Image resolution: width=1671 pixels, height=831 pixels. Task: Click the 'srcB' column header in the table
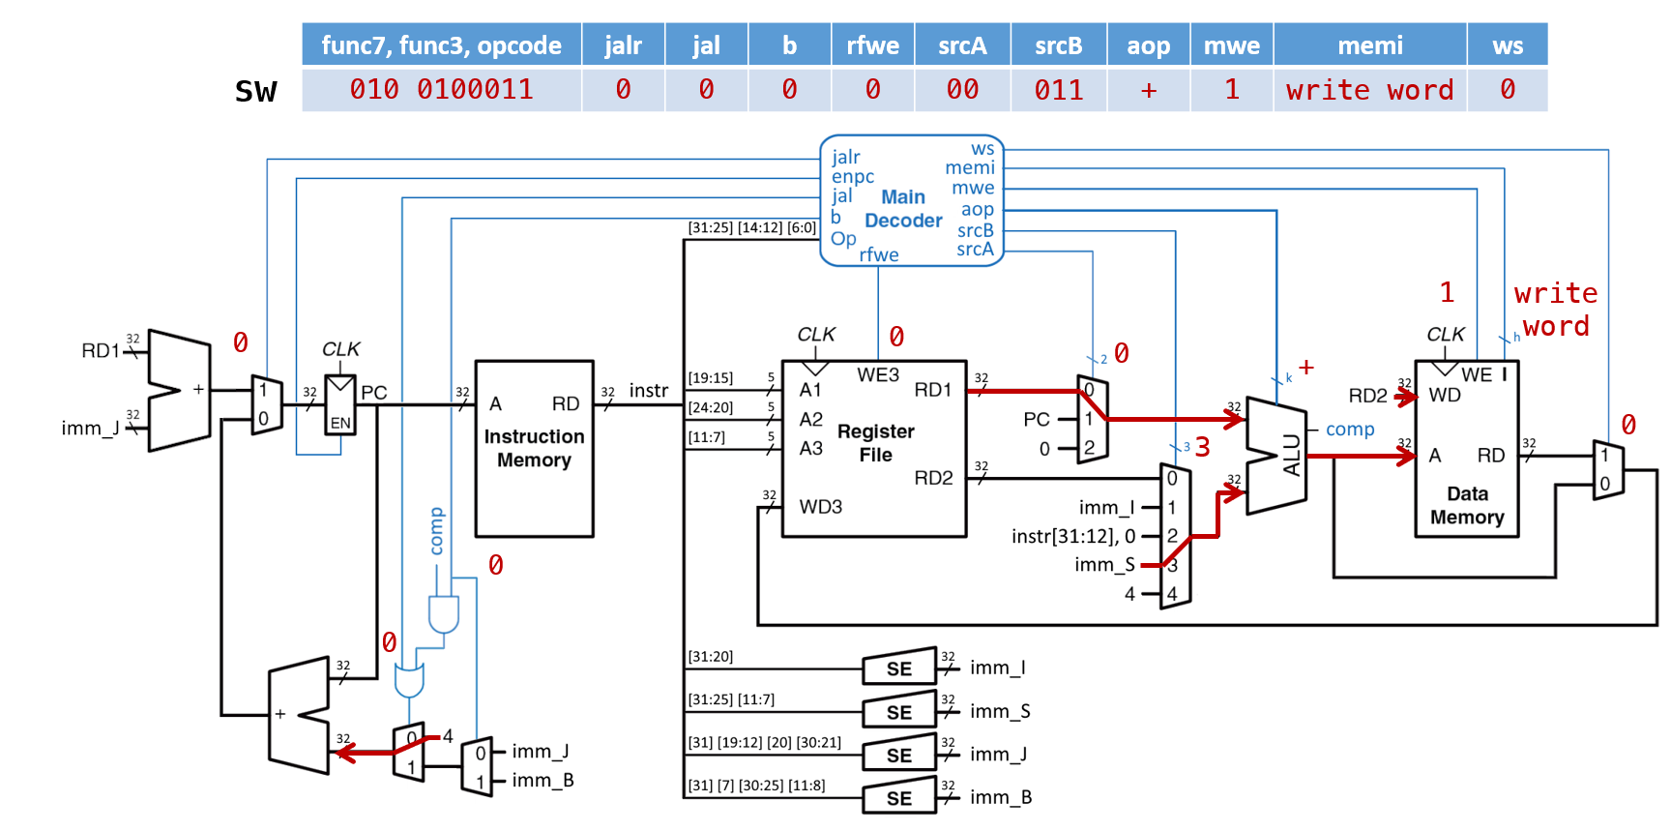coord(1058,45)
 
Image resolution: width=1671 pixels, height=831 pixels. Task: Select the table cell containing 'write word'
coord(1369,90)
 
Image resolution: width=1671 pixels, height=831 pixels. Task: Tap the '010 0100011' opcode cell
coord(441,90)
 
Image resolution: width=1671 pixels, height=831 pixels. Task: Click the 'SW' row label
coord(255,92)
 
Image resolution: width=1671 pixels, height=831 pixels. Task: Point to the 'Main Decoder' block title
coord(902,209)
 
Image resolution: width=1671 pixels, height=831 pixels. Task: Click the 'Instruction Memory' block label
coord(534,448)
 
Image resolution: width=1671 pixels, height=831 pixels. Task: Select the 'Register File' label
coord(875,442)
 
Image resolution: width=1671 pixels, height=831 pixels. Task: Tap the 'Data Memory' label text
coord(1467,505)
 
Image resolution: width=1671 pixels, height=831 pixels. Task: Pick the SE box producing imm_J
coord(899,755)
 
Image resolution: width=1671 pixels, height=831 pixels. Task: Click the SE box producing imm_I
coord(899,668)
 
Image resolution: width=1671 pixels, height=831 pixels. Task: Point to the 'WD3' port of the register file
coord(820,507)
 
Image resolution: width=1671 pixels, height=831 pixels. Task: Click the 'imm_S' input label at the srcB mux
coord(1103,565)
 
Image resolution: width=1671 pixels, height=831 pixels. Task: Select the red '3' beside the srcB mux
coord(1202,447)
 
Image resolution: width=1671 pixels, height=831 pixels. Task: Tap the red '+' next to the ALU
coord(1306,368)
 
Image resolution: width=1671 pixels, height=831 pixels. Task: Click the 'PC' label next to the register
coord(374,393)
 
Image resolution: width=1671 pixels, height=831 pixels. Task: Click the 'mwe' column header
coord(1231,45)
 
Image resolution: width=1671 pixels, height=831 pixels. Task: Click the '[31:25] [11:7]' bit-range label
coord(731,699)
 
